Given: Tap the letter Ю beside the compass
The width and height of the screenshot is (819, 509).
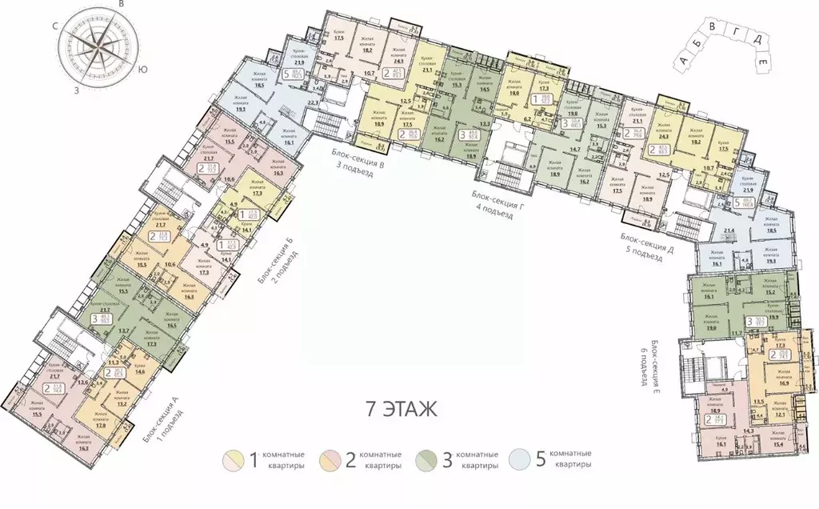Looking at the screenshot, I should (x=142, y=70).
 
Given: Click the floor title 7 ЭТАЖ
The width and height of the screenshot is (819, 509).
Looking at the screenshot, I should (x=401, y=411).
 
